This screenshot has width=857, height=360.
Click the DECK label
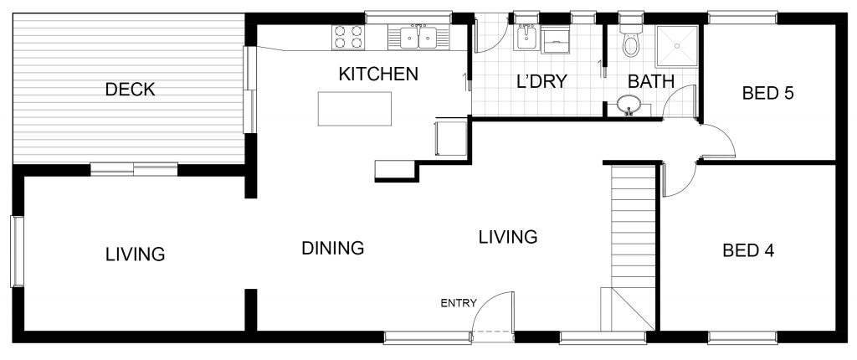click(130, 90)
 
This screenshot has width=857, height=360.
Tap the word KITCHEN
click(378, 74)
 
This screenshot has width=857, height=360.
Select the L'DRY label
click(541, 81)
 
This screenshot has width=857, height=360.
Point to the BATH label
click(650, 81)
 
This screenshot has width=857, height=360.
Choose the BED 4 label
click(748, 250)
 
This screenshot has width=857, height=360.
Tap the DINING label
click(333, 248)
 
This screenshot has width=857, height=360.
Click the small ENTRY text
click(459, 303)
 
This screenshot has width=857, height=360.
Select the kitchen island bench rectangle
click(355, 109)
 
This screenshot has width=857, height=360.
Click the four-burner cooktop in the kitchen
click(347, 37)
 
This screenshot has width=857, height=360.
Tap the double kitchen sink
click(418, 37)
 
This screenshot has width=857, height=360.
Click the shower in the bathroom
click(677, 46)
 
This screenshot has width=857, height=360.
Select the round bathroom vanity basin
click(629, 105)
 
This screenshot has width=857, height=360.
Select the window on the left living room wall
click(18, 251)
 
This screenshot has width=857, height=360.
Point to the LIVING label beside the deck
click(135, 254)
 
